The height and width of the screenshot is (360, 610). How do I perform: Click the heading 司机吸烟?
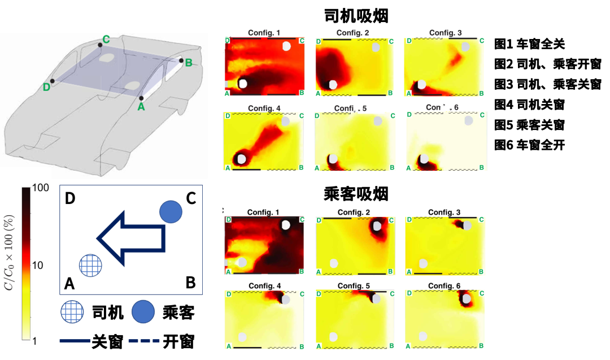pos(356,15)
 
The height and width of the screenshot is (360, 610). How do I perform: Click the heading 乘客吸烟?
pos(356,194)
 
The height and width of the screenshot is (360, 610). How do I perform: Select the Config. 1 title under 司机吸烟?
pos(264,33)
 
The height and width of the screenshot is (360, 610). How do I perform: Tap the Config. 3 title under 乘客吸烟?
pos(445,212)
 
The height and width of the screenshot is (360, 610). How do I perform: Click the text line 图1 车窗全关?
pos(529,44)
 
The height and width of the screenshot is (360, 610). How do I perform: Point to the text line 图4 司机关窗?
pos(529,105)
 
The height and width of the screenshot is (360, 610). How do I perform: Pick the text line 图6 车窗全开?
pos(529,145)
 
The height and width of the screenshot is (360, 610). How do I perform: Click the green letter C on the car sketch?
pos(105,40)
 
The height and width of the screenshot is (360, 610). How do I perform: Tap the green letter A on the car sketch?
pos(141,106)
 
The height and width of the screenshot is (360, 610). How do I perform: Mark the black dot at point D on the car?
pos(53,81)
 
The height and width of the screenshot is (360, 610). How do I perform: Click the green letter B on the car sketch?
pos(189,62)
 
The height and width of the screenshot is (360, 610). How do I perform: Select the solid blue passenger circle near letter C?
pos(171,212)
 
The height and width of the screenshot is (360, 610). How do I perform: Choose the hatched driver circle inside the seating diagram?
pos(90,264)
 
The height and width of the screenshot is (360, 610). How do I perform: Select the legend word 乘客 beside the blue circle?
pos(178,312)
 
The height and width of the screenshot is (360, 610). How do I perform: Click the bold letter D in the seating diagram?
pos(71,199)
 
